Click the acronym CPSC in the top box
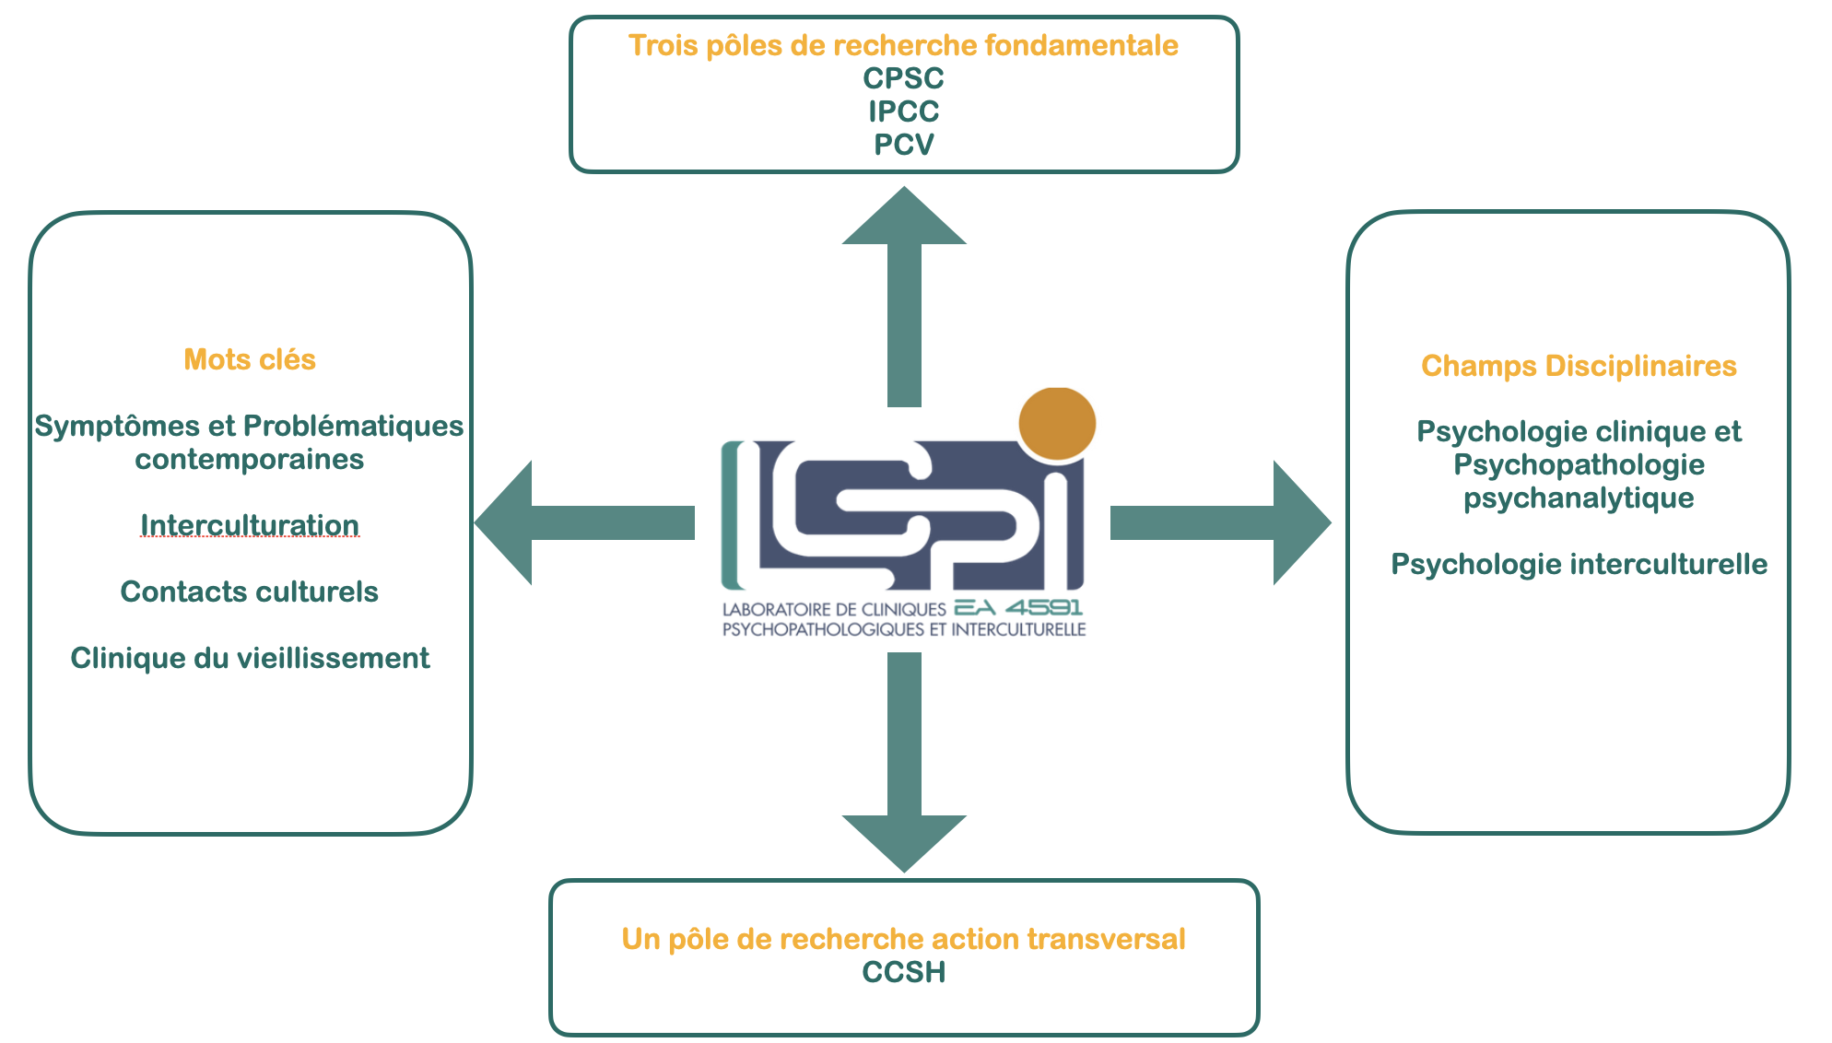pyautogui.click(x=903, y=78)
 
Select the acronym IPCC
pyautogui.click(x=903, y=111)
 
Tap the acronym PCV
pyautogui.click(x=903, y=145)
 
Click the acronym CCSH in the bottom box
pyautogui.click(x=903, y=972)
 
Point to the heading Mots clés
pyautogui.click(x=250, y=359)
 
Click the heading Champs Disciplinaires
pyautogui.click(x=1579, y=366)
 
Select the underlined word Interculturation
pyautogui.click(x=250, y=525)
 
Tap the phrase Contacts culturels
pyautogui.click(x=250, y=592)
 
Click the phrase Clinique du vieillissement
pyautogui.click(x=250, y=658)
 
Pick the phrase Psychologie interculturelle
pyautogui.click(x=1579, y=564)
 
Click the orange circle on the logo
pyautogui.click(x=1057, y=423)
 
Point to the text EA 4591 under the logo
pyautogui.click(x=1018, y=607)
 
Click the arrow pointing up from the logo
pyautogui.click(x=904, y=295)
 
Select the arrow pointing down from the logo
pyautogui.click(x=904, y=765)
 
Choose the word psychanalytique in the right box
pyautogui.click(x=1579, y=498)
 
